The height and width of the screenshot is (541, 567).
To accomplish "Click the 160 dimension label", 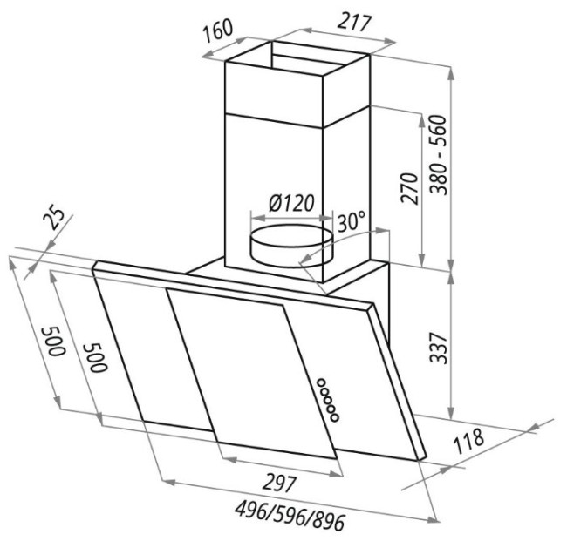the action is [217, 30].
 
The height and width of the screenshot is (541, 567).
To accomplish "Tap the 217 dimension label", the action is [354, 23].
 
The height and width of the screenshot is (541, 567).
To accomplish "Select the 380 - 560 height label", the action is [440, 155].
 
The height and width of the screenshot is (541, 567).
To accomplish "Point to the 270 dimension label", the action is [409, 188].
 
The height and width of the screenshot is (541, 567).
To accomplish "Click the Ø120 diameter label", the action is [291, 203].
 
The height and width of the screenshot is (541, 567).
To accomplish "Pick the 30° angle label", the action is [351, 221].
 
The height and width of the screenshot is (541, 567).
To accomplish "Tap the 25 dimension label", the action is [53, 219].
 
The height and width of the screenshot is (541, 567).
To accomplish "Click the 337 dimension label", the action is [440, 348].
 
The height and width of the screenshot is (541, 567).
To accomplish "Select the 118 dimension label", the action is [468, 442].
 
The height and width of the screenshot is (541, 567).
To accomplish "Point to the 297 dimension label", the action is [279, 484].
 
